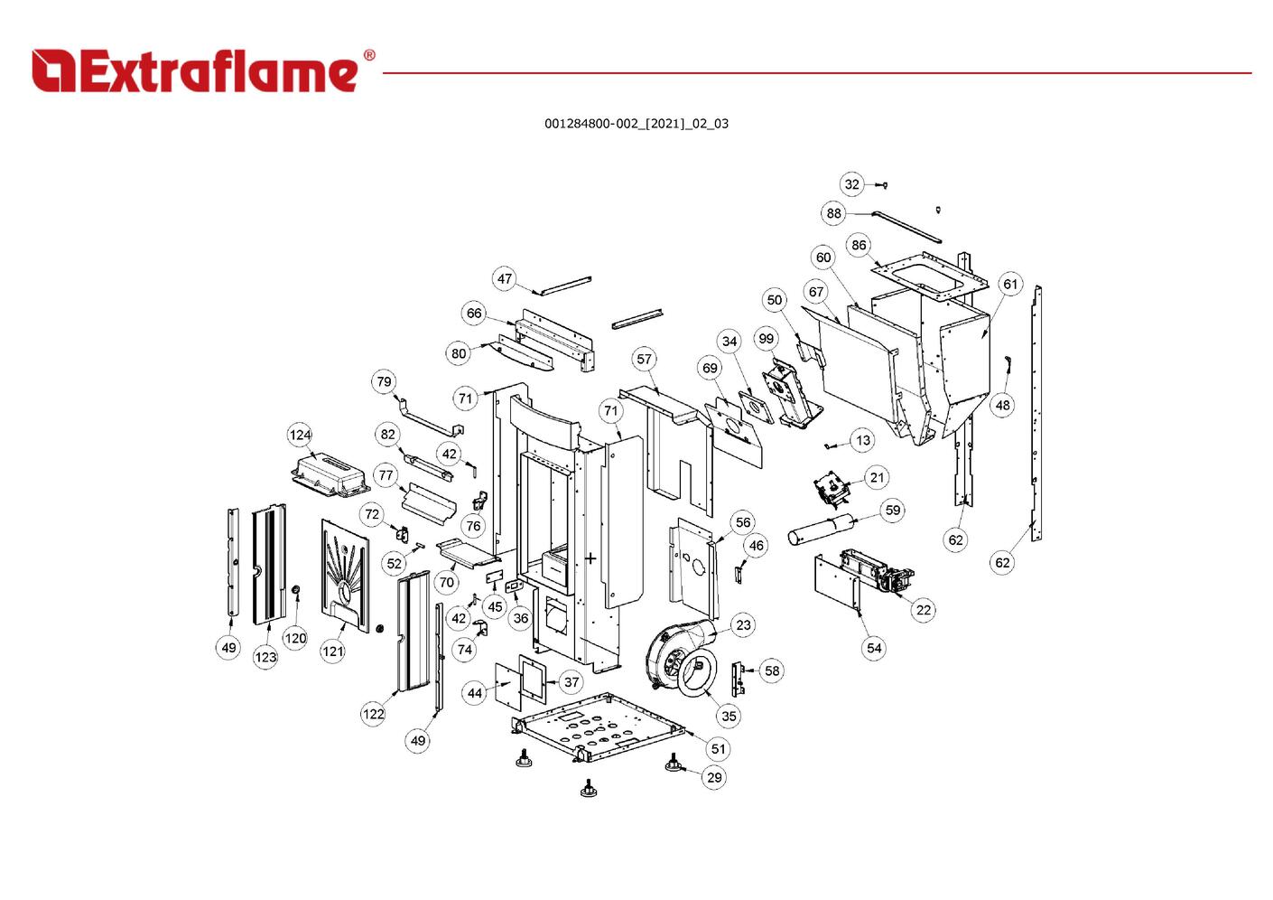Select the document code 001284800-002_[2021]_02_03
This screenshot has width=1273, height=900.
[x=636, y=124]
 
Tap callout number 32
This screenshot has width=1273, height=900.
[x=851, y=184]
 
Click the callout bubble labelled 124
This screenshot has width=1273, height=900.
[x=300, y=435]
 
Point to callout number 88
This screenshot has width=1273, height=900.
[x=833, y=213]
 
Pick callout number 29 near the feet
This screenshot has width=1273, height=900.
[x=714, y=777]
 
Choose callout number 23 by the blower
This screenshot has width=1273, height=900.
[x=743, y=624]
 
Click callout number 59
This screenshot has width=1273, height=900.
[x=892, y=510]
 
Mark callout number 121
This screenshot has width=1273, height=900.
[x=333, y=651]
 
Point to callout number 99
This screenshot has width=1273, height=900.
[x=766, y=339]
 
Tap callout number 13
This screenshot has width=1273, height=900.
[x=863, y=440]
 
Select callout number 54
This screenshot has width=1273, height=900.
[x=873, y=647]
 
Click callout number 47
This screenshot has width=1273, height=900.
[x=505, y=278]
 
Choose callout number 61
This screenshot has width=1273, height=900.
[x=1009, y=284]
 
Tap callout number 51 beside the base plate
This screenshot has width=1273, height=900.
[x=718, y=748]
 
